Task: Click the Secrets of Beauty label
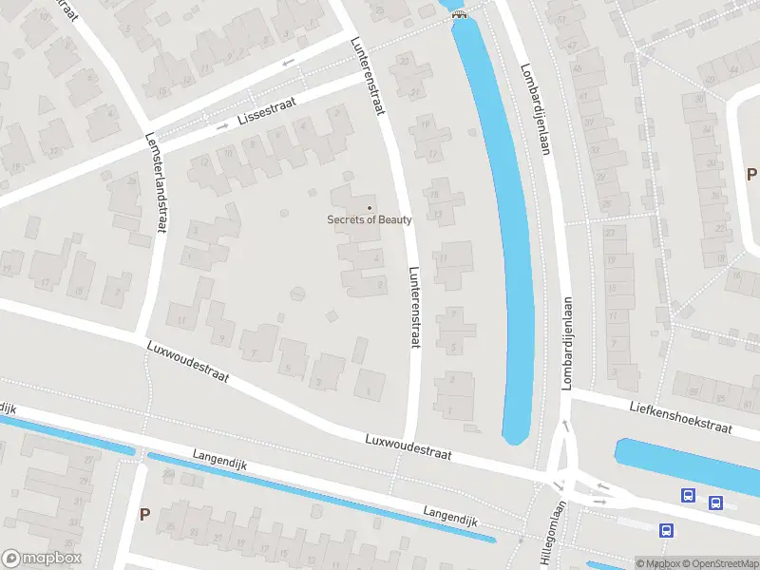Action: click(x=370, y=220)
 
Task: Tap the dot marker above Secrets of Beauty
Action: click(x=370, y=208)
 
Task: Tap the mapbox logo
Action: click(x=41, y=558)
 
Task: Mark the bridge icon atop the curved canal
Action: click(x=460, y=13)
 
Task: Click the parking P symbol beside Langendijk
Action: click(x=144, y=514)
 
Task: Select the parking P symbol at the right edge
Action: click(x=750, y=174)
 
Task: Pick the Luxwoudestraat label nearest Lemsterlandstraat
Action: click(x=188, y=362)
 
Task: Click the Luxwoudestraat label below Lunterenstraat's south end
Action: click(x=408, y=447)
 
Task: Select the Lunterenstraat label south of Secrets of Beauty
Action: click(x=413, y=306)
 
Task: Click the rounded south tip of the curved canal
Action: click(x=515, y=437)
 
